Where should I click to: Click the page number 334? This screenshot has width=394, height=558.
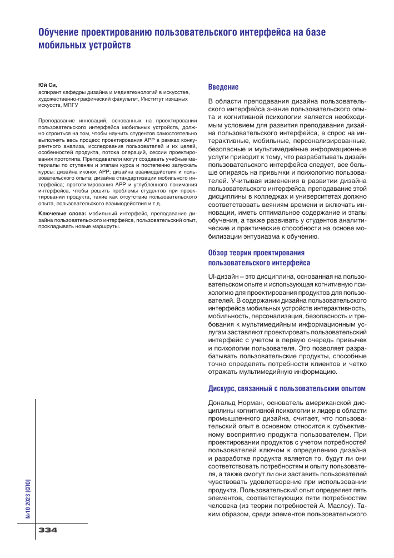coord(48,530)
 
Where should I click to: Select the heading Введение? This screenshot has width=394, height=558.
coord(223,87)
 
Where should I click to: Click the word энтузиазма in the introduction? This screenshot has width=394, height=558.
coord(261,236)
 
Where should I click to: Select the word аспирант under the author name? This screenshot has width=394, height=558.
coord(50,92)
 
